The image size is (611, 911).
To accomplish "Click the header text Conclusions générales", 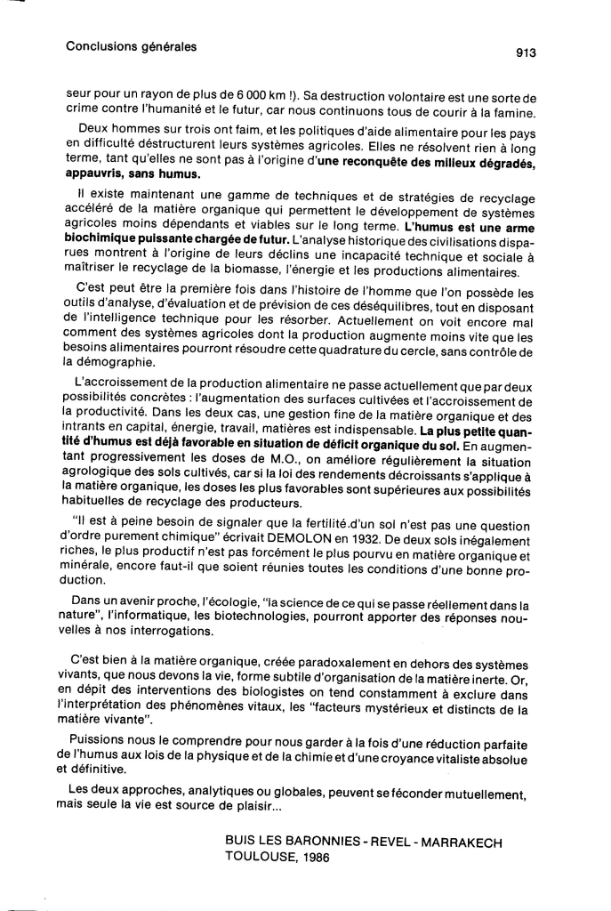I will [131, 45].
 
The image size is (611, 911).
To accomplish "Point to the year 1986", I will [315, 859].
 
